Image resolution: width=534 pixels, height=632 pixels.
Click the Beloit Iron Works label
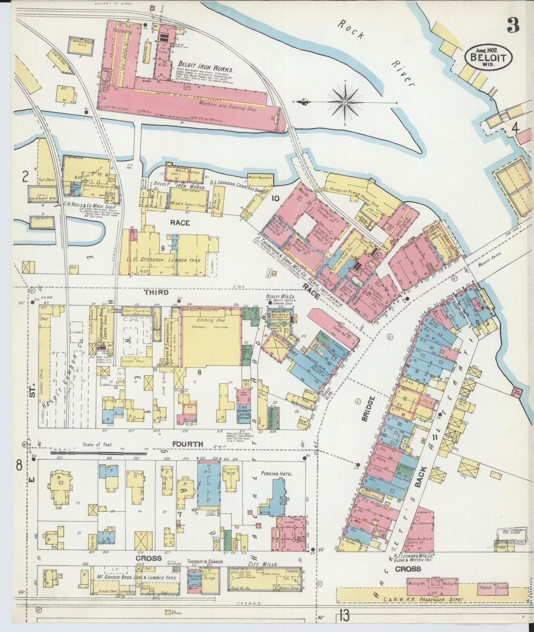pyautogui.click(x=205, y=69)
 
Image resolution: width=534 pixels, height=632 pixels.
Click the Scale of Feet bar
pyautogui.click(x=98, y=452)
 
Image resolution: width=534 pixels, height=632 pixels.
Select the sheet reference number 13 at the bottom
pyautogui.click(x=343, y=616)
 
